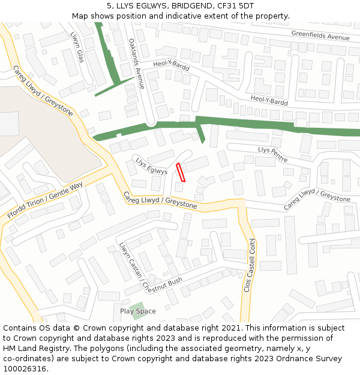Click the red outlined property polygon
pyautogui.click(x=181, y=172)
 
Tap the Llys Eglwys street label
pyautogui.click(x=152, y=166)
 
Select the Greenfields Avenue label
pyautogui.click(x=320, y=36)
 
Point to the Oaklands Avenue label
pyautogui.click(x=137, y=64)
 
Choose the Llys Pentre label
pyautogui.click(x=273, y=154)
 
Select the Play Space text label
pyautogui.click(x=138, y=311)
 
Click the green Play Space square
pyautogui.click(x=137, y=306)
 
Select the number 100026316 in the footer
pyautogui.click(x=25, y=369)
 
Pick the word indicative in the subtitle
pyautogui.click(x=187, y=16)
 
